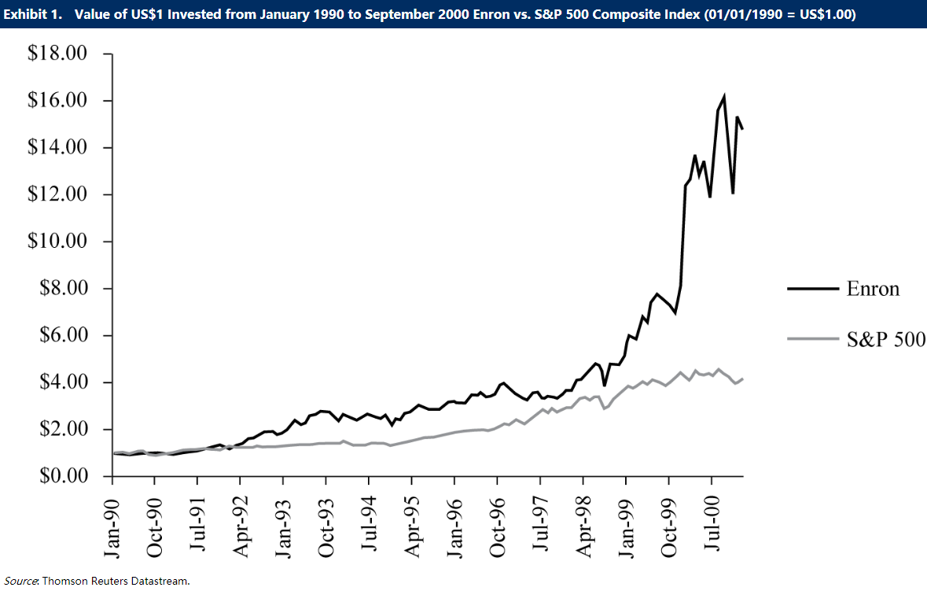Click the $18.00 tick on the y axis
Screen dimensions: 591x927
click(57, 54)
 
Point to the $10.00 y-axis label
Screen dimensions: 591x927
click(57, 242)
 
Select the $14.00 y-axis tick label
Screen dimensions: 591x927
click(57, 148)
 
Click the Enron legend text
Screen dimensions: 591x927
click(872, 289)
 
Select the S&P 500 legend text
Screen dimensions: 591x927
click(885, 338)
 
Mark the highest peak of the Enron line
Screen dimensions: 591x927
click(723, 97)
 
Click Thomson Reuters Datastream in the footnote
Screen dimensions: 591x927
click(116, 581)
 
